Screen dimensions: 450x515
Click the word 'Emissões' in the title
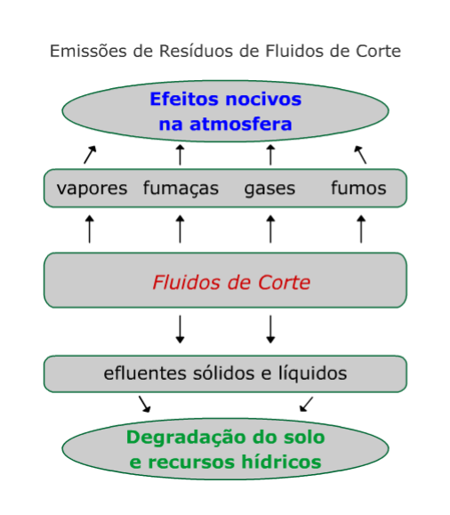[x=88, y=51]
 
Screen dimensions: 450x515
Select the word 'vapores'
[x=92, y=189]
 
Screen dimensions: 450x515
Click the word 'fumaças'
[x=181, y=189]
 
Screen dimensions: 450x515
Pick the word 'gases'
[x=269, y=189]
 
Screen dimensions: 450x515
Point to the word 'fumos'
[x=358, y=188]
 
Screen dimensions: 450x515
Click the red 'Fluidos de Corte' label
[x=231, y=283]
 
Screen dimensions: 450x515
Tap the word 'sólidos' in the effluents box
[x=224, y=373]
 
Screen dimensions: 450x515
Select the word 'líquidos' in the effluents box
[x=313, y=374]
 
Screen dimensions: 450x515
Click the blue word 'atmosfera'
[x=241, y=125]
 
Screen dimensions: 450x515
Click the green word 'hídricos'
[x=281, y=462]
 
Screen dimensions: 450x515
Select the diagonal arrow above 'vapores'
[x=90, y=155]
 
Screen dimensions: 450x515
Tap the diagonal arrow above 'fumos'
[x=360, y=155]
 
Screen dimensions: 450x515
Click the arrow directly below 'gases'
[x=270, y=229]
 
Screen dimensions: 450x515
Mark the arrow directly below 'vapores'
[x=89, y=229]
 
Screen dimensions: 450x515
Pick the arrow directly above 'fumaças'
[x=180, y=155]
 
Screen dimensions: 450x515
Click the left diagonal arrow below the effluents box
[x=145, y=404]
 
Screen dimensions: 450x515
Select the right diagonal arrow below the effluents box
[x=306, y=404]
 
